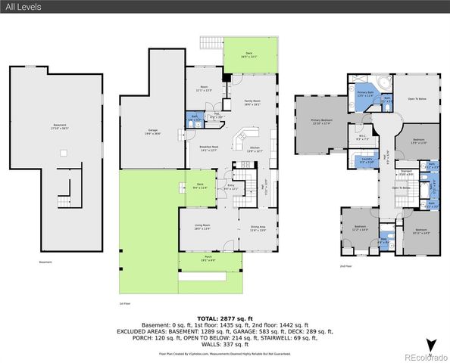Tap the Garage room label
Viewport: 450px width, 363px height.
pyautogui.click(x=152, y=132)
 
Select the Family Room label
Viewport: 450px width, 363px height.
pyautogui.click(x=252, y=102)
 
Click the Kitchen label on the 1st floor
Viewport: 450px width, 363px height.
pyautogui.click(x=255, y=149)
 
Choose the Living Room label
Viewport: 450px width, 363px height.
pyautogui.click(x=202, y=226)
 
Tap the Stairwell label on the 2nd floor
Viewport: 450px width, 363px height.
pyautogui.click(x=405, y=172)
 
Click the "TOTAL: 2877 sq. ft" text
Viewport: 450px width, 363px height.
pyautogui.click(x=224, y=318)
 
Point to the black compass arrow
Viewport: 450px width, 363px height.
pyautogui.click(x=430, y=346)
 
